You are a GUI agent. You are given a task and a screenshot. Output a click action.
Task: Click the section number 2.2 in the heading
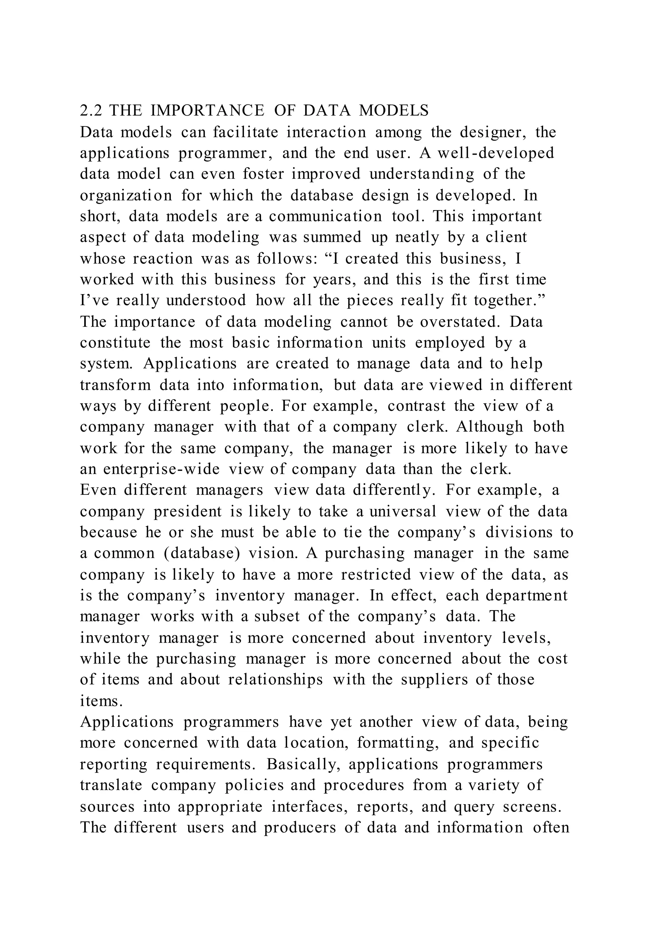91,111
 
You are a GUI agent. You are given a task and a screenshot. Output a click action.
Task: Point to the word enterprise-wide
161,469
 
